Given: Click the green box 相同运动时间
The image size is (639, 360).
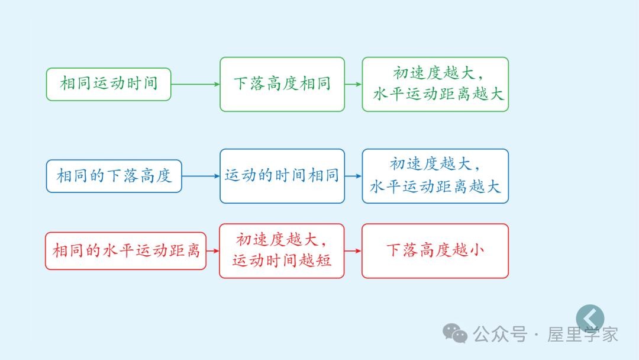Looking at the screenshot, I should point(109,84).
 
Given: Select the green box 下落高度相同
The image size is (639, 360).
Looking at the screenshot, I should point(282,84).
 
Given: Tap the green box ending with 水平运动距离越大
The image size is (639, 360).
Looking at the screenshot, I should point(435,84).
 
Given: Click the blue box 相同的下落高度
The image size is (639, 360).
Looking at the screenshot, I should point(114,176).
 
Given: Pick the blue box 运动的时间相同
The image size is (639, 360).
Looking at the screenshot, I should point(282,176).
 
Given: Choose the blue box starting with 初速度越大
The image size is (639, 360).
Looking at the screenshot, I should point(435,176).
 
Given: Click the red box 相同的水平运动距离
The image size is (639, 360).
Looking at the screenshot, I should point(126,250).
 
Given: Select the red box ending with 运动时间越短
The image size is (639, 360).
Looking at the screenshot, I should point(282,250).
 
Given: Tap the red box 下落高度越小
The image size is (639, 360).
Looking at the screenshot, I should point(435,250).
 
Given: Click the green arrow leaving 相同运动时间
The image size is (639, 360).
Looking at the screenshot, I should point(195,84).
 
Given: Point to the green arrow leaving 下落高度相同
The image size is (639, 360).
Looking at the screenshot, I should point(353,84).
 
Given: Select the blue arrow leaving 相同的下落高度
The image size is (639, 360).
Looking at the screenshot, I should point(201,176).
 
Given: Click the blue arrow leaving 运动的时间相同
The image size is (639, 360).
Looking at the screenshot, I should point(353,176).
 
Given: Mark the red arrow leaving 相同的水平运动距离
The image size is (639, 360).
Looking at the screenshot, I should point(212,250).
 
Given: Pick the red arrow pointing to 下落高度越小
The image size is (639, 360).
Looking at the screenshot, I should point(353,250).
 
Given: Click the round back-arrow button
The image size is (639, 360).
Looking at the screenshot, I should point(590,318).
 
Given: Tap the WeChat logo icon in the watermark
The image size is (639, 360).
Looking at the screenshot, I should point(456,333).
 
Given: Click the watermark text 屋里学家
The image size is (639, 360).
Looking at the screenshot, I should point(583,334).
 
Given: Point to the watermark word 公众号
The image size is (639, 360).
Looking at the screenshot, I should point(500,334).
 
